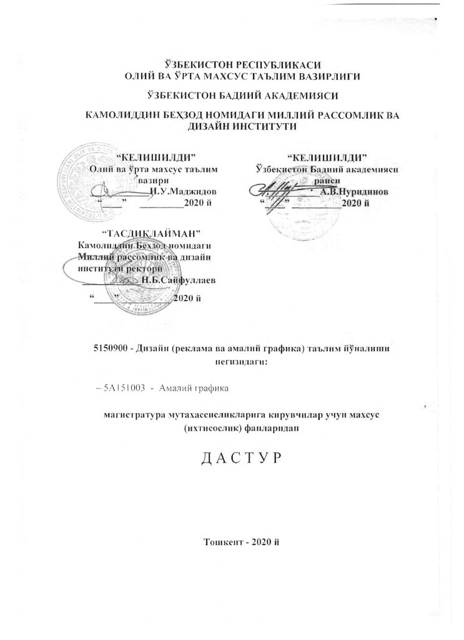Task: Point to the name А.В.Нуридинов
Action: [x=354, y=192]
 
